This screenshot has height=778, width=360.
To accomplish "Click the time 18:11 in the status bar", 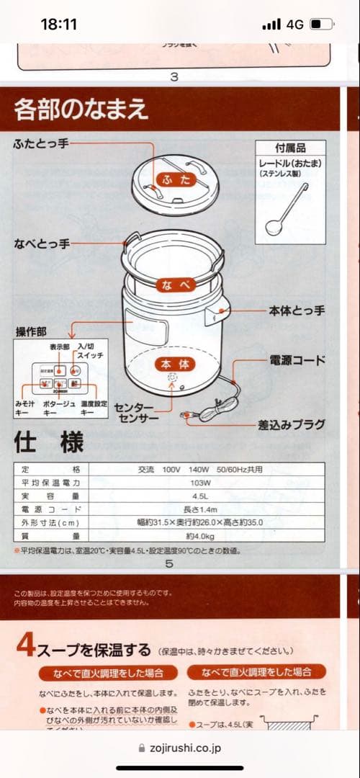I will coord(58,24).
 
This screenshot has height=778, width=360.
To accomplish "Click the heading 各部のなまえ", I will coord(81,109).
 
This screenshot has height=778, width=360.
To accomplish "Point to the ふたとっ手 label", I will coord(40,143).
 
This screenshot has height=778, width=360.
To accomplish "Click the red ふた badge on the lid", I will coord(176,179).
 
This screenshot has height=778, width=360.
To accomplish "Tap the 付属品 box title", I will coord(290,148).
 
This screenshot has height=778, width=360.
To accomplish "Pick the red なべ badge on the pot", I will coord(176,285).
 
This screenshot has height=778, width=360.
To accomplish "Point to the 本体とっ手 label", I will coord(297,310).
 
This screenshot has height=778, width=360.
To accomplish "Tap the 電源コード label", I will coord(297,359).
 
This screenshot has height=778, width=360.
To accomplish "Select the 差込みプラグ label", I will coord(291,425).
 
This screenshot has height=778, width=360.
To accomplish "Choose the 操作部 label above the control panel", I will coord(31,331).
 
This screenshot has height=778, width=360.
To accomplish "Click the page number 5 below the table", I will coord(169,563).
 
